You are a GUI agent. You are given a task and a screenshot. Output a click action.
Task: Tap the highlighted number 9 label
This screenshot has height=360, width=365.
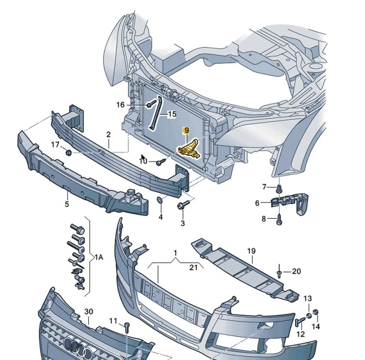186,131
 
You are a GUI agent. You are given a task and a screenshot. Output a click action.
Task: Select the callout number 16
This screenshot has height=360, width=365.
120,105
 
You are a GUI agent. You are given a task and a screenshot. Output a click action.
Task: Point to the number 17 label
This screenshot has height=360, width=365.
55,145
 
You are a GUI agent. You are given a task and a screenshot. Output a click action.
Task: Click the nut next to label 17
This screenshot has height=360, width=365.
68,152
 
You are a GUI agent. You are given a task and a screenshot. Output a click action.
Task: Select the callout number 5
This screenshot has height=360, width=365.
67,204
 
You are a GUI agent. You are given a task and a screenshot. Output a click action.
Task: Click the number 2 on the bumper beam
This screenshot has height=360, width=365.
109,134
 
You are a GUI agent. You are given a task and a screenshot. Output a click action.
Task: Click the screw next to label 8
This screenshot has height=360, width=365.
280,219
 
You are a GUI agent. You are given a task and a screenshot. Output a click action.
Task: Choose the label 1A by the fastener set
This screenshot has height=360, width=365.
99,257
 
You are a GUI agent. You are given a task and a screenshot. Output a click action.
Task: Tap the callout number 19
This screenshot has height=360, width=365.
251,251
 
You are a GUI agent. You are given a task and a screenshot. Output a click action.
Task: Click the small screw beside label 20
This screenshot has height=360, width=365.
279,273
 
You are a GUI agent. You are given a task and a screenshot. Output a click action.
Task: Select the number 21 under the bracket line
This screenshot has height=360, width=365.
193,267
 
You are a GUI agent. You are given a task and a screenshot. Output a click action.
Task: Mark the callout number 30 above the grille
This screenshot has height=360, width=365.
89,312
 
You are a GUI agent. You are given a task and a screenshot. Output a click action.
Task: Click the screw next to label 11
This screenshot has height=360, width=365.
127,326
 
